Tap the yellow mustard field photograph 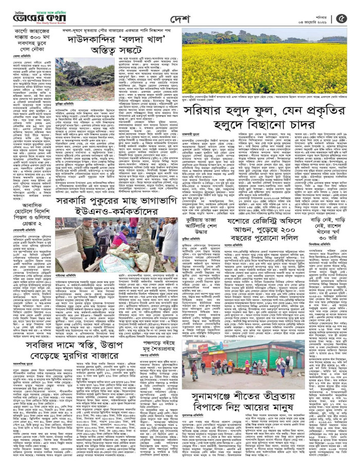point(268,65)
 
